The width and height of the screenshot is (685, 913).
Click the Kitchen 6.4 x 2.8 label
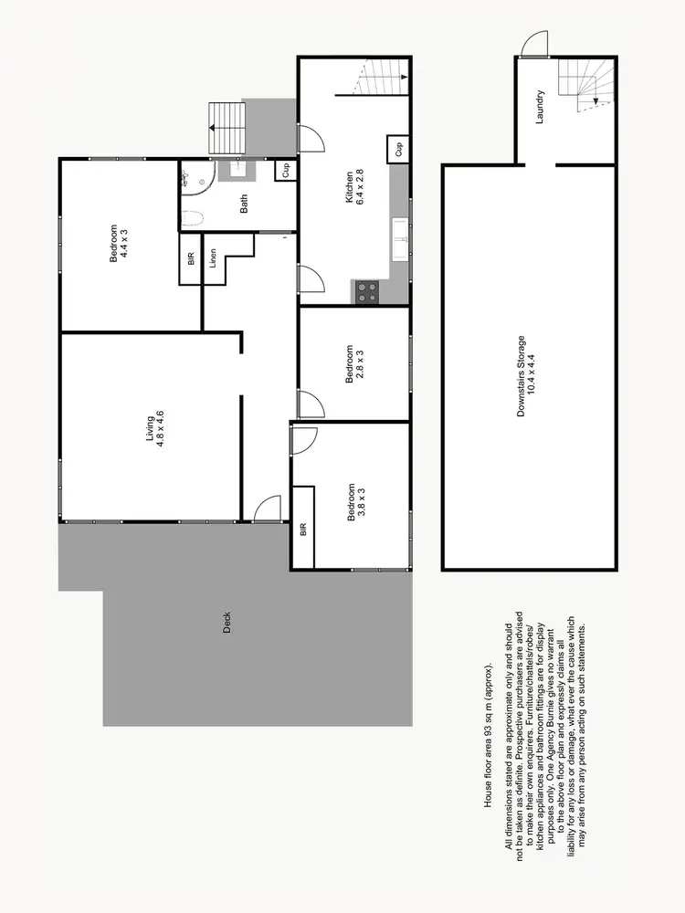pos(354,189)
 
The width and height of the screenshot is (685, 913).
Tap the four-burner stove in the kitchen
pos(367,292)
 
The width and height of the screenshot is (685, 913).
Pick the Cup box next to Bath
pos(286,170)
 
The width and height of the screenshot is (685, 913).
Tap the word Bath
pos(244,206)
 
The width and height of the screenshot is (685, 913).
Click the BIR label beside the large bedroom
pos(191,258)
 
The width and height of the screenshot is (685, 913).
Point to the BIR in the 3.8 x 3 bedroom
pos(303,529)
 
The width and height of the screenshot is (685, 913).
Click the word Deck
pos(227,622)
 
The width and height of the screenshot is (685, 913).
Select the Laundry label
pos(541,107)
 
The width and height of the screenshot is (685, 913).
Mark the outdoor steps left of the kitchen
pos(228,129)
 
